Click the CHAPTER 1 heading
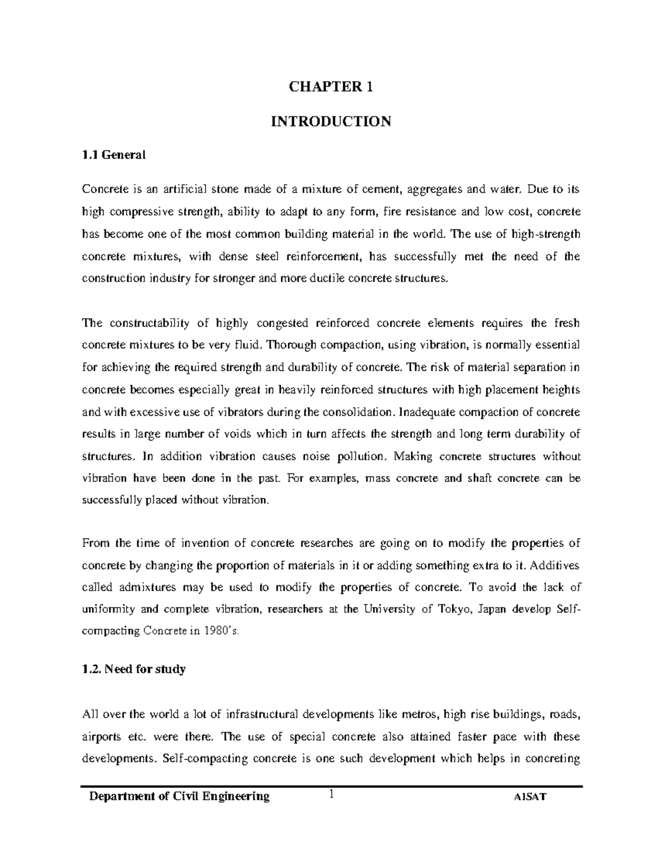pos(331,87)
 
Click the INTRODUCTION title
pos(331,121)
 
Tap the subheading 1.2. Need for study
pos(133,669)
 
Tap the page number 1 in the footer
pos(331,794)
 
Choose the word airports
pos(99,737)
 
